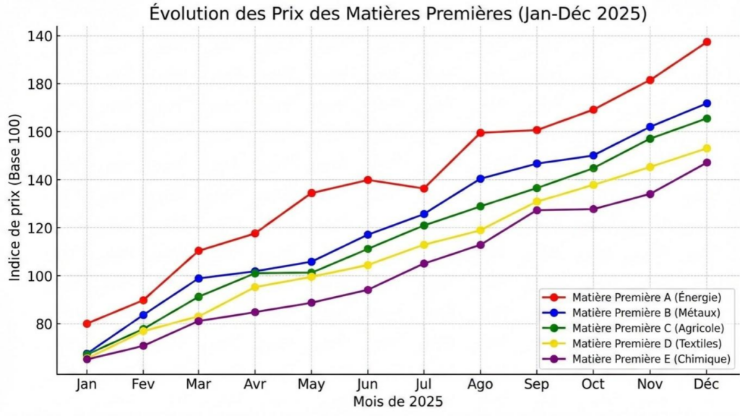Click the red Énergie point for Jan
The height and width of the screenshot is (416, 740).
pos(87,324)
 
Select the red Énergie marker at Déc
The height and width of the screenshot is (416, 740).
pos(707,42)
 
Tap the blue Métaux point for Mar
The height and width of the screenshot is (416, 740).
pos(199,278)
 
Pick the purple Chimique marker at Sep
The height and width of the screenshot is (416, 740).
pos(537,210)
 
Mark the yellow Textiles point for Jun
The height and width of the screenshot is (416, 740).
pos(368,265)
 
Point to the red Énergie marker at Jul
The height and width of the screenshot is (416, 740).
pos(424,188)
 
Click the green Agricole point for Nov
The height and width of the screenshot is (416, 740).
pos(650,139)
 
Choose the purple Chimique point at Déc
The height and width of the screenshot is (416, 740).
pos(707,162)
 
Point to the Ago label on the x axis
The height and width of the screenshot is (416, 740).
pos(481,384)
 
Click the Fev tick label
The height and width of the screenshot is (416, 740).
pos(143,384)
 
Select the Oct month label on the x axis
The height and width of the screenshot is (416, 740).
pos(593,384)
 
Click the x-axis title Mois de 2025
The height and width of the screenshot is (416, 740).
pos(397,402)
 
